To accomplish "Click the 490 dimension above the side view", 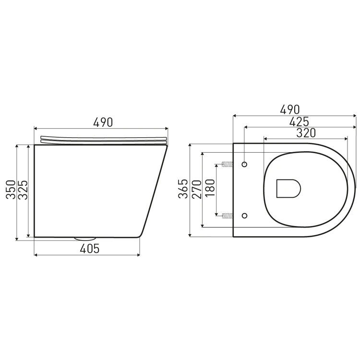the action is click(x=103, y=122).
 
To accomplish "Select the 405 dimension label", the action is click(x=90, y=249).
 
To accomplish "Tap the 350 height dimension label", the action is click(x=11, y=190).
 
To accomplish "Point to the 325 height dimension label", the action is click(x=23, y=190).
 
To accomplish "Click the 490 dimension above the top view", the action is click(x=290, y=109).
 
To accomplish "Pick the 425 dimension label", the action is click(x=299, y=122).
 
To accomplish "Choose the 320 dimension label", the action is click(x=306, y=133).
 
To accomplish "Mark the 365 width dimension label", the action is click(x=183, y=189).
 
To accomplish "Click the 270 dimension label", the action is click(x=197, y=189).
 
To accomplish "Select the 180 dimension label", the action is click(x=210, y=188).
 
